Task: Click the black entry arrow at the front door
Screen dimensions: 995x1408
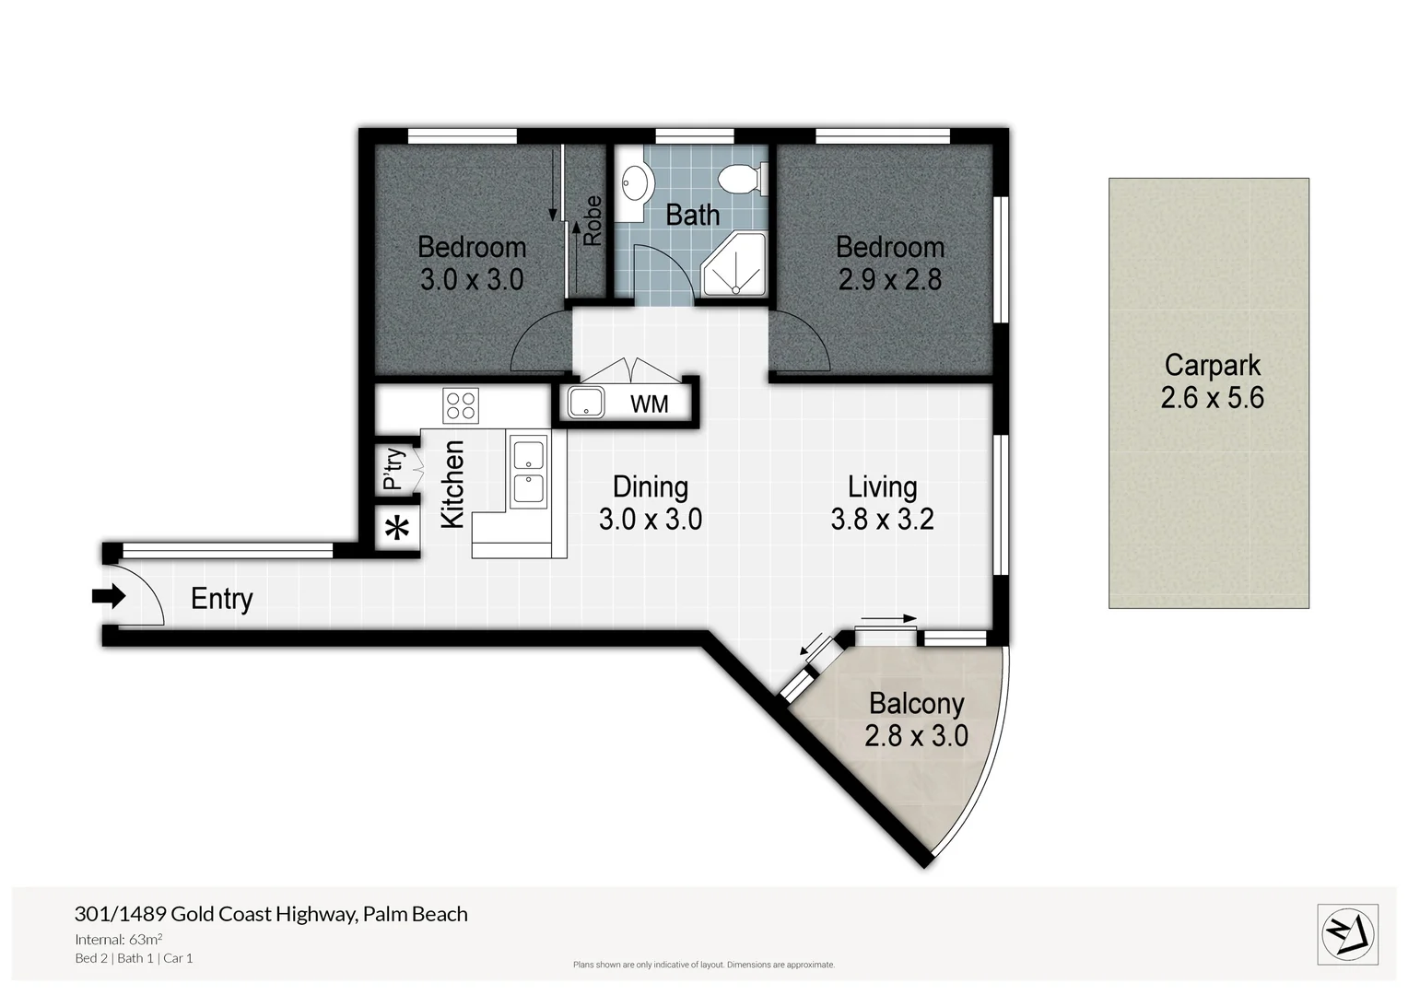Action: (x=109, y=597)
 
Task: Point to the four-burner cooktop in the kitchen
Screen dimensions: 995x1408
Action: (x=461, y=406)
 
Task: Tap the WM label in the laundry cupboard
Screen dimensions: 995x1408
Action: (x=650, y=404)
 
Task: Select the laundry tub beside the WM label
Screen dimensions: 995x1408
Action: (x=586, y=403)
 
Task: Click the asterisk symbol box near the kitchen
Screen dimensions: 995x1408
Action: (x=397, y=531)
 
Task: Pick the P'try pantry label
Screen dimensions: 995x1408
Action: (x=393, y=470)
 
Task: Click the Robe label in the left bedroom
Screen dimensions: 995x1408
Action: (x=592, y=221)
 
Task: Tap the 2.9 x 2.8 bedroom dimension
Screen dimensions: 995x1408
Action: (x=889, y=279)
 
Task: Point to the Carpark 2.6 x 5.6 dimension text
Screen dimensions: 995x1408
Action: (x=1212, y=398)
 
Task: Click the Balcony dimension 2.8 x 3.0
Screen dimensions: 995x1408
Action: (x=916, y=735)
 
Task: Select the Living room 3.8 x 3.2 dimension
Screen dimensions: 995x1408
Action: (x=882, y=519)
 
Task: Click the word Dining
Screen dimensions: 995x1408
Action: (x=650, y=486)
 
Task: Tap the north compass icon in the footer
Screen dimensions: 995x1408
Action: (x=1348, y=934)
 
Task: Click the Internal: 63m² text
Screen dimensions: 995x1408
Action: (x=119, y=939)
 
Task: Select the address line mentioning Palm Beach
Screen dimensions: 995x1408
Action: (x=271, y=914)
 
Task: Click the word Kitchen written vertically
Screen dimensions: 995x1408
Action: (x=452, y=485)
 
